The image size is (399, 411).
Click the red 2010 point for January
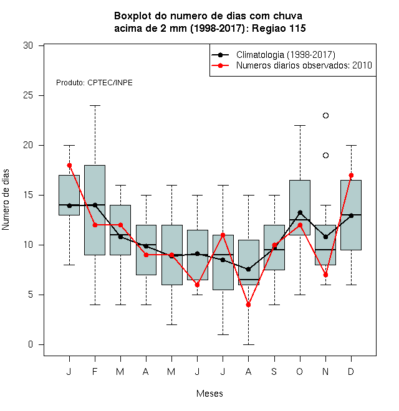pos(69,166)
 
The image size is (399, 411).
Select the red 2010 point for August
pos(248,305)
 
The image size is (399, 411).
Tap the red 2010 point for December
pos(351,176)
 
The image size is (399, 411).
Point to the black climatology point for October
pos(300,212)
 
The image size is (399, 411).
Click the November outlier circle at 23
pos(325,115)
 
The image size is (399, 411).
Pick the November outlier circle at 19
pos(325,156)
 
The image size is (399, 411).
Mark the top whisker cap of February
pos(95,106)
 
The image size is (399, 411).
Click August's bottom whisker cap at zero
pos(248,344)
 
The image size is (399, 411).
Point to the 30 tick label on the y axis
pos(28,45)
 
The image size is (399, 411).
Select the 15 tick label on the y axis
pos(28,196)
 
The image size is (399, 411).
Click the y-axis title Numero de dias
pos(6,200)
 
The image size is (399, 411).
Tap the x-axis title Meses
pos(209,394)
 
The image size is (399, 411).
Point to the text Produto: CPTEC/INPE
pos(94,83)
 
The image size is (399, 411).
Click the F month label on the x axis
pos(95,371)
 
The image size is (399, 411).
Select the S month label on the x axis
pos(274,371)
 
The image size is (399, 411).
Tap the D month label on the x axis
pos(351,371)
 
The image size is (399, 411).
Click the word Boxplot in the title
pos(133,16)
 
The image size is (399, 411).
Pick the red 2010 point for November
pos(325,275)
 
